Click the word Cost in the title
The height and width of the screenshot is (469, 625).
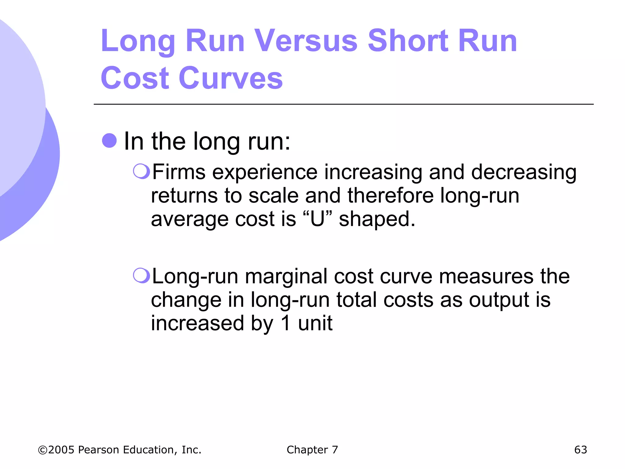[x=135, y=78]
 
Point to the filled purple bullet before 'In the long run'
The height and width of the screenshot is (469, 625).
[x=109, y=141]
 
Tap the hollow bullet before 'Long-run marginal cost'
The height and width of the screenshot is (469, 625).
[x=141, y=275]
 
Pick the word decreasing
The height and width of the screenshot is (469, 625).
[x=524, y=173]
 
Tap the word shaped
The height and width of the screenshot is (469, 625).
[x=377, y=219]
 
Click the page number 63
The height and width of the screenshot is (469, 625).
[x=580, y=450]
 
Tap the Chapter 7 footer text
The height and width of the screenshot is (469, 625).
[x=312, y=450]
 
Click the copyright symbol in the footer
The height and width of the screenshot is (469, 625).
[x=43, y=450]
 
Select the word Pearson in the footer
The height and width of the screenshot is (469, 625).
[x=99, y=450]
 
